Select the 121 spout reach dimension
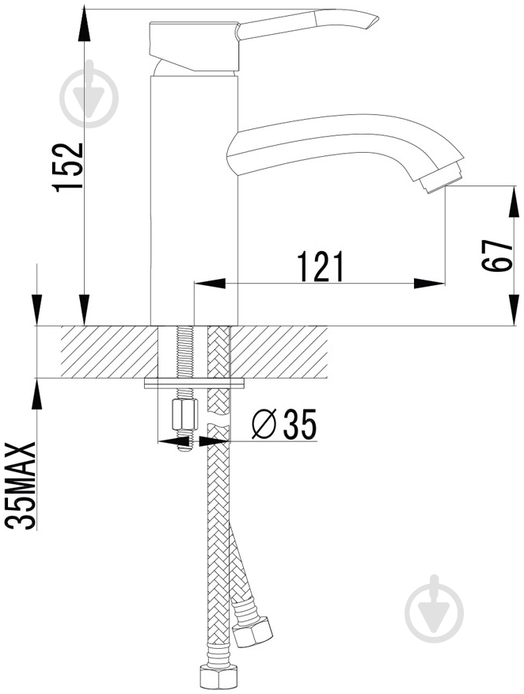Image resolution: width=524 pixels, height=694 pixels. click(321, 266)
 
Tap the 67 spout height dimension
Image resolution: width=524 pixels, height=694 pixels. click(497, 256)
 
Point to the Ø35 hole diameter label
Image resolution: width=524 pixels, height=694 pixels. click(284, 424)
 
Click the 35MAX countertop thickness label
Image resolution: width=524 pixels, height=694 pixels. click(20, 486)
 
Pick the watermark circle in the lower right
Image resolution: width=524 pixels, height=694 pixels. click(435, 613)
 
